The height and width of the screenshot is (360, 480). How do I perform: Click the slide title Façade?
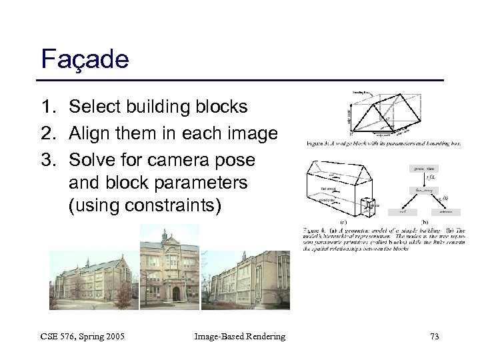point(85,59)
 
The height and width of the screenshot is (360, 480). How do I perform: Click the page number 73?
point(434,337)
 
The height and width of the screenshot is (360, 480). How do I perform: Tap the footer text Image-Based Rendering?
point(239,337)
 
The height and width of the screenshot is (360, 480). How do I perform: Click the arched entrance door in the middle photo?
point(176,293)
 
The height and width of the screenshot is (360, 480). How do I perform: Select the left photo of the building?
point(93,280)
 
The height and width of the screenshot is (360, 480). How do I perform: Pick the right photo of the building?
point(255,280)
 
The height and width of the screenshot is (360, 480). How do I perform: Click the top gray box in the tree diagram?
point(423,169)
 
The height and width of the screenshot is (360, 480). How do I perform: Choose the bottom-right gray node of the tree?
point(446,212)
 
